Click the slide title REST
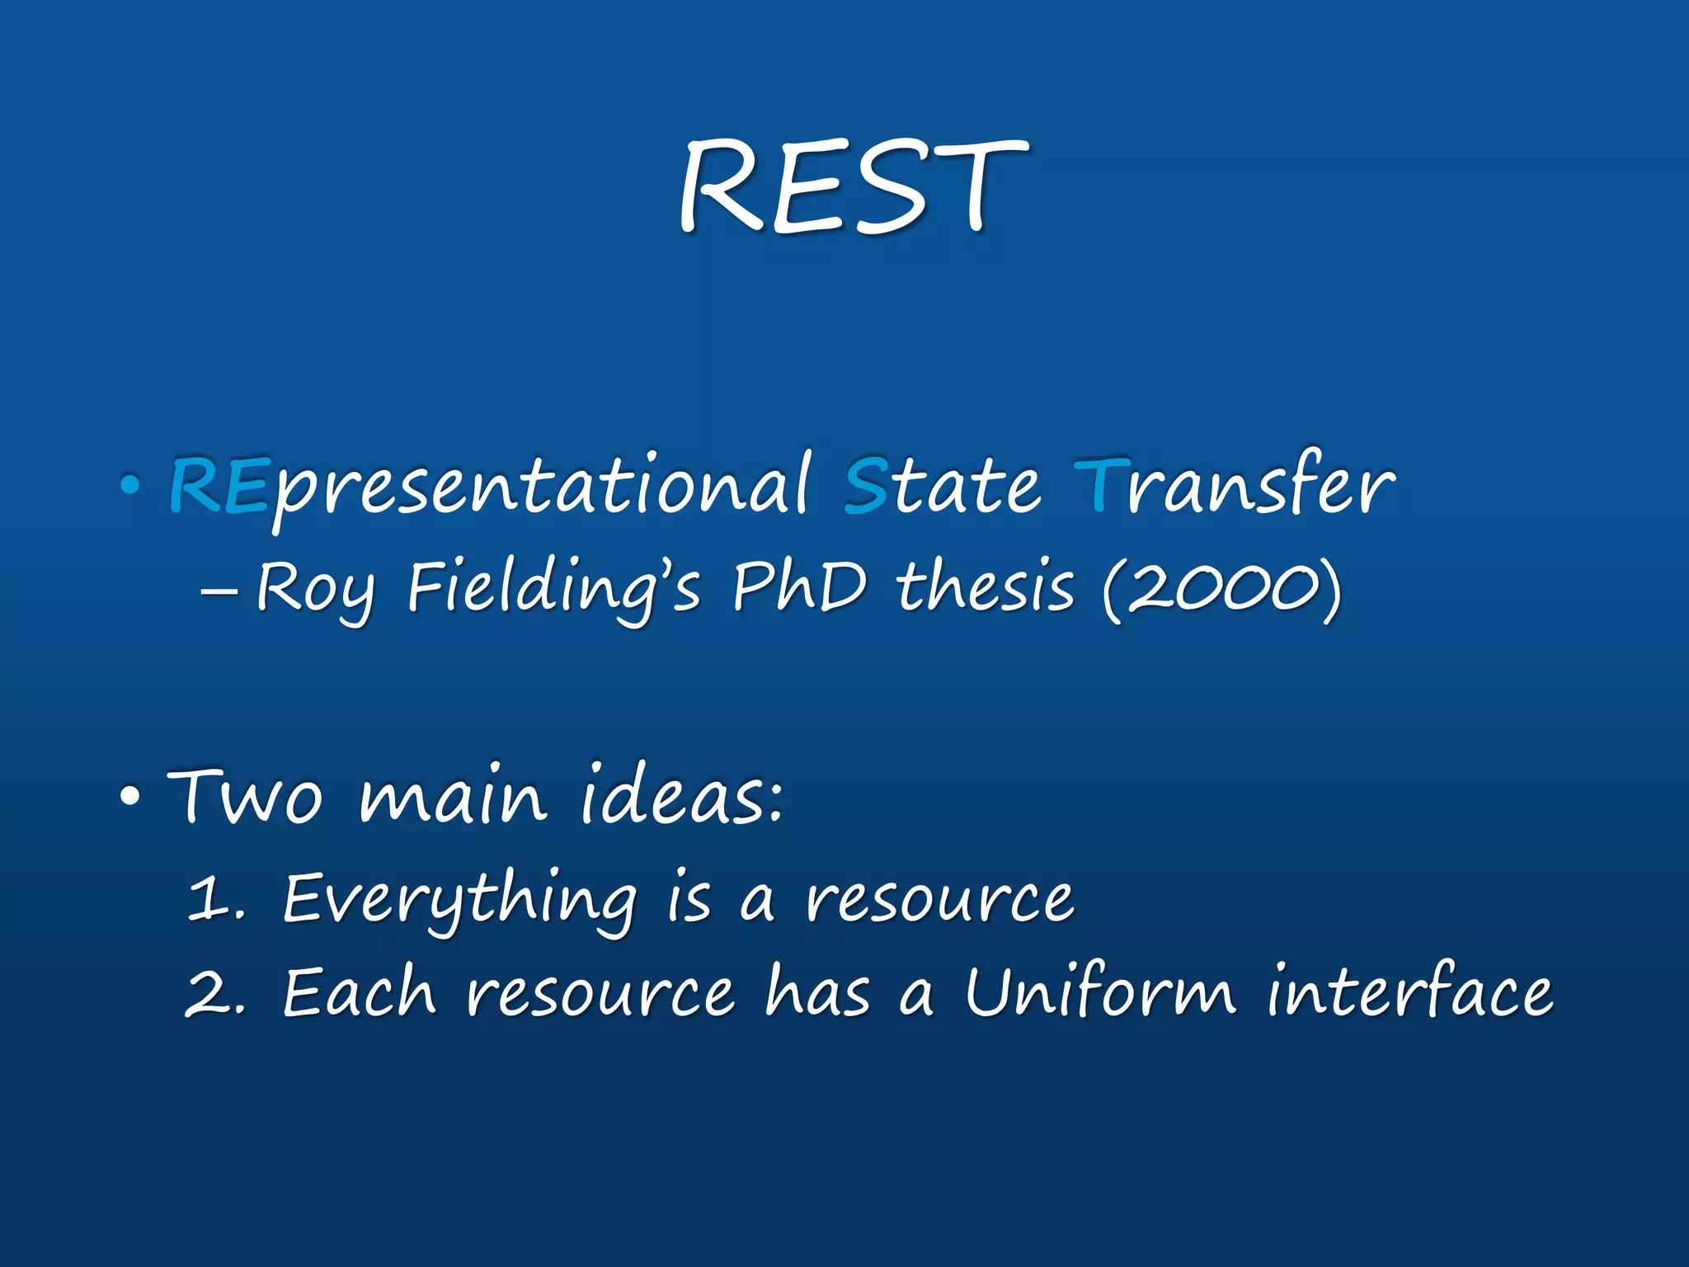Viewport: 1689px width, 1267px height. tap(853, 187)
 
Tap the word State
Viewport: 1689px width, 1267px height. tap(942, 487)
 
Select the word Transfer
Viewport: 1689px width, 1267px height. tap(1234, 487)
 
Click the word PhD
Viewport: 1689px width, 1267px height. tap(800, 587)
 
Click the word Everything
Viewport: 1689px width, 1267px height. tap(459, 901)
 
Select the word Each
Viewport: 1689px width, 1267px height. tap(358, 993)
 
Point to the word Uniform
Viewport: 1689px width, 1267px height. tap(1100, 993)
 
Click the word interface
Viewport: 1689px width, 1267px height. tap(1410, 993)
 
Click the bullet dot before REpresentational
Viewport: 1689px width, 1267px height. tap(129, 486)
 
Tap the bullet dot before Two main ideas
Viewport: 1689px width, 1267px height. tap(129, 797)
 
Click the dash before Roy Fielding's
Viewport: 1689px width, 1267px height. tap(219, 591)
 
